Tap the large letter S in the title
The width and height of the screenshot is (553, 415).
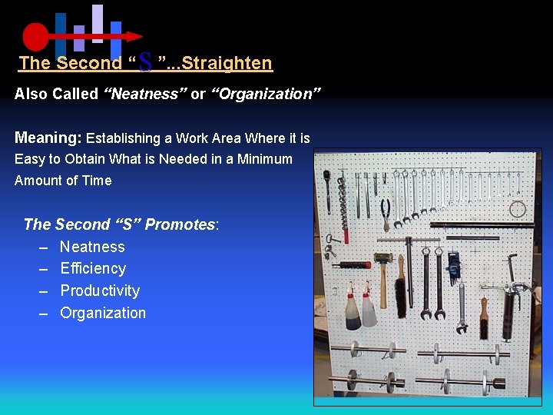coord(145,62)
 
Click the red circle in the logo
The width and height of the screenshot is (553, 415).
coord(35,36)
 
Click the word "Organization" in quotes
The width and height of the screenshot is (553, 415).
coord(265,94)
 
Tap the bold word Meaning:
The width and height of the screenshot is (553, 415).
coord(48,138)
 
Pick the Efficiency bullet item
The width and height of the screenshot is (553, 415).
coord(93,268)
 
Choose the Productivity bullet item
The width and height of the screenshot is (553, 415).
coord(100,290)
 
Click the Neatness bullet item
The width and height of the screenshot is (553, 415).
coord(92,247)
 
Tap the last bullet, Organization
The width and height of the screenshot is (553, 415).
coord(103,313)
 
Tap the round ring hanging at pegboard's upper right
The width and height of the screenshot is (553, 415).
coord(518,208)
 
